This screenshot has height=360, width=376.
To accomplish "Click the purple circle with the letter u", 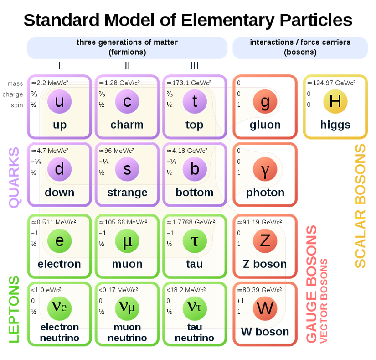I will click(x=59, y=102).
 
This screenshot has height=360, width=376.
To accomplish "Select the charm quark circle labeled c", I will click(x=127, y=102).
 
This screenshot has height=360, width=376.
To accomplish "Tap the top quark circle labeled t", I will click(x=195, y=102).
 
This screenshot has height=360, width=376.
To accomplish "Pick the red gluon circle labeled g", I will click(x=265, y=102).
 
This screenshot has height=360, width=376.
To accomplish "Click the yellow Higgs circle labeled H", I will click(x=335, y=102).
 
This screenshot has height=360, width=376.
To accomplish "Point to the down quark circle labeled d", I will click(x=59, y=169).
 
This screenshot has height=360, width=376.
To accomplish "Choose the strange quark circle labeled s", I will click(x=127, y=169).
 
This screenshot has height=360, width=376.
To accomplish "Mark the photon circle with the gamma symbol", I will click(x=265, y=169).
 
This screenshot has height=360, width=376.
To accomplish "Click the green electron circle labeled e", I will click(x=59, y=240).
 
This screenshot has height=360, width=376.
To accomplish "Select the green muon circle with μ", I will click(x=127, y=240).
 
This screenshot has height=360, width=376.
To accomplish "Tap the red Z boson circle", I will click(x=265, y=240).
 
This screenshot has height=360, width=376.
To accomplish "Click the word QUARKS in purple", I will click(x=14, y=177).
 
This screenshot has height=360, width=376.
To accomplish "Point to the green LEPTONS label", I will click(x=14, y=309).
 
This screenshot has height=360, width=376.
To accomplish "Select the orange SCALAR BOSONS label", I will click(x=360, y=206).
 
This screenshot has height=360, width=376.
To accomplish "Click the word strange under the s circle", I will click(x=127, y=193).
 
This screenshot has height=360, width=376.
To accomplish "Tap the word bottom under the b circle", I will click(x=195, y=193).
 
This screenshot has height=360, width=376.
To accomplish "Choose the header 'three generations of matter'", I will click(x=127, y=42).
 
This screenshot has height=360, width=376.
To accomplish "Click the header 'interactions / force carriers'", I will click(x=300, y=42).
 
